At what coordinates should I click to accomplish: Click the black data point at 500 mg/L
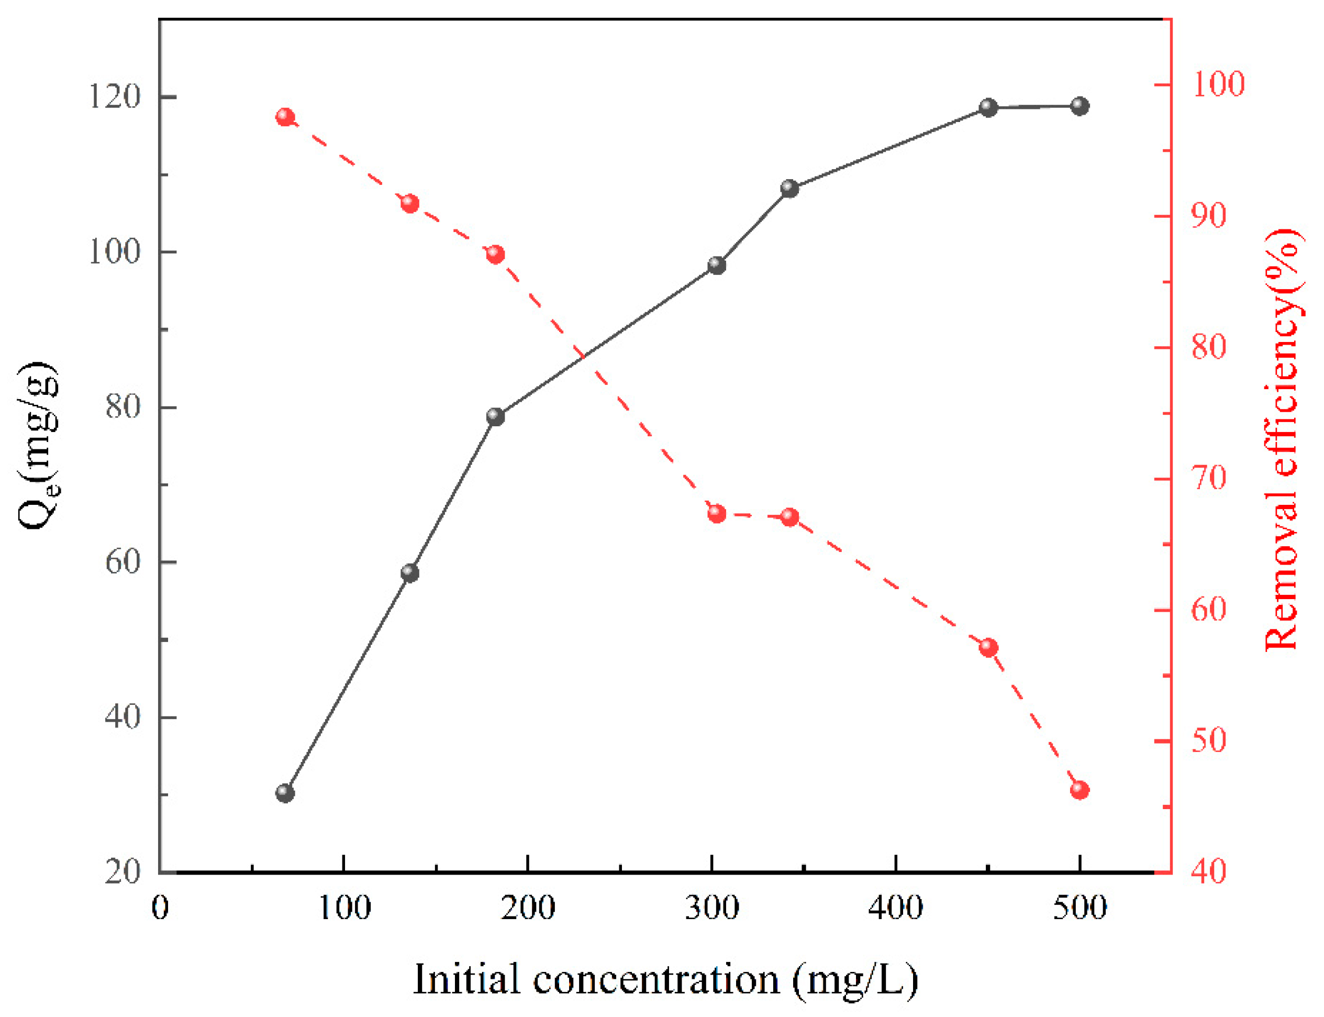tap(1080, 106)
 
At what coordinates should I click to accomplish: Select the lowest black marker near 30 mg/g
tap(285, 793)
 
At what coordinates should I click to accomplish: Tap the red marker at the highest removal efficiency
tap(285, 117)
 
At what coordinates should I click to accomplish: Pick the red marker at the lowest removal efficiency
tap(1080, 790)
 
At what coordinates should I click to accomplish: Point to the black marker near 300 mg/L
tap(717, 265)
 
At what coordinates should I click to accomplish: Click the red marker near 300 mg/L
tap(717, 514)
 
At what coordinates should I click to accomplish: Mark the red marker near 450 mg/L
tap(988, 648)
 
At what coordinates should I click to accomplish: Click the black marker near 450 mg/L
tap(988, 108)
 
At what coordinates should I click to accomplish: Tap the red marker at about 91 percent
tap(410, 203)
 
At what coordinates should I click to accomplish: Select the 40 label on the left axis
tap(123, 717)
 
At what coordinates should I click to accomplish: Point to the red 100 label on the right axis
tap(1218, 84)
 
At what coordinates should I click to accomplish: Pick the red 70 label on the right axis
tap(1208, 479)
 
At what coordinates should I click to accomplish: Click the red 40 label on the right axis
tap(1208, 872)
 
